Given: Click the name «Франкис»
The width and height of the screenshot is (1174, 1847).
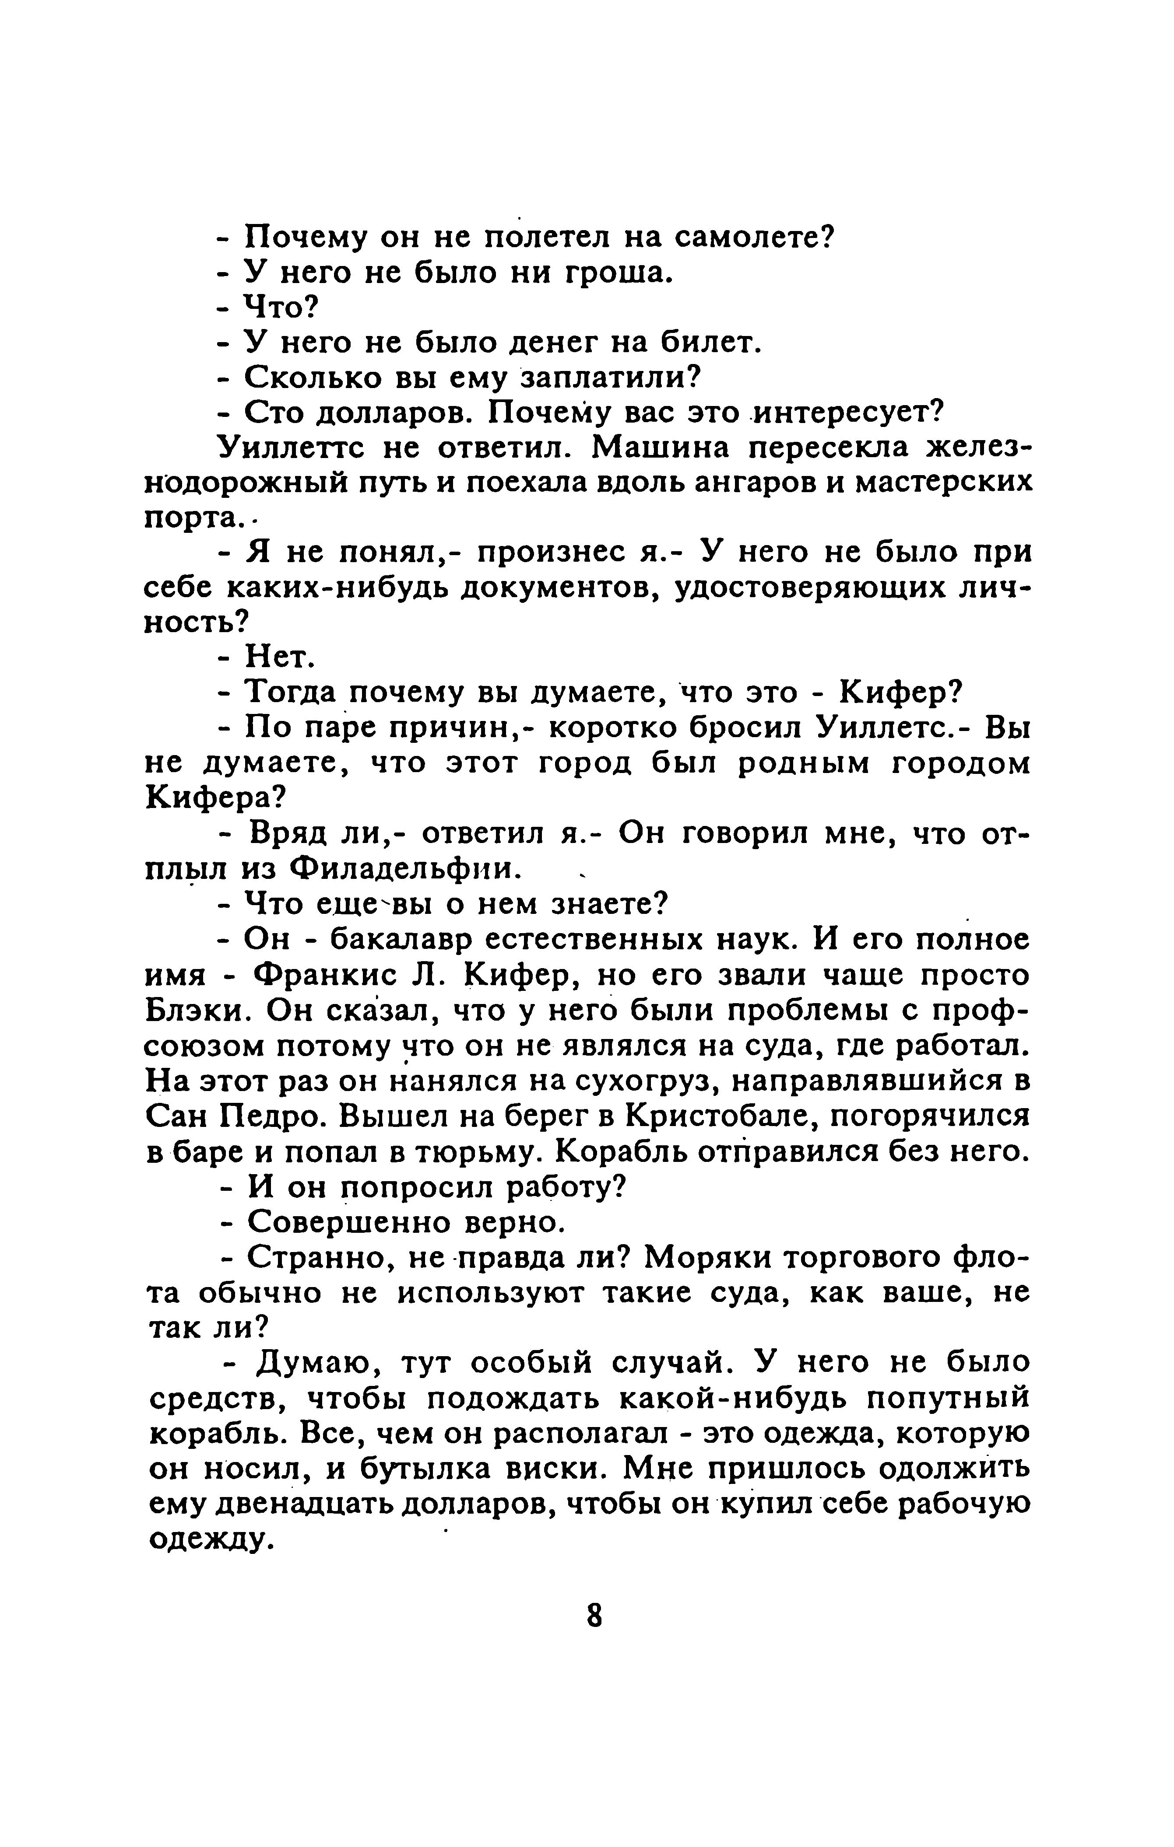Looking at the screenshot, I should (324, 976).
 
